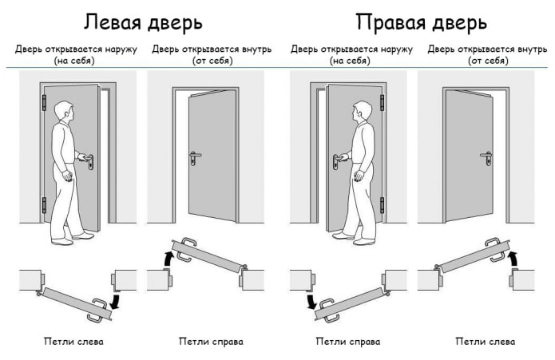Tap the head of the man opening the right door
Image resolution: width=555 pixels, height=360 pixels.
coord(362,113)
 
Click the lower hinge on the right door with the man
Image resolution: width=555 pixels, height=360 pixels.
coord(383,204)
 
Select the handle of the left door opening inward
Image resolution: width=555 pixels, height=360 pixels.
coord(194,156)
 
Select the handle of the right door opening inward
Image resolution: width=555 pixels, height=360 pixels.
coord(486,156)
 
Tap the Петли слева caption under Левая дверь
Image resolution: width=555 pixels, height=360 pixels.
coord(73,342)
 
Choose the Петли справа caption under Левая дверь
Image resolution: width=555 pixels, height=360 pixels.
coord(210,342)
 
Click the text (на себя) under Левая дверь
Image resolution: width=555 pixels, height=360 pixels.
coord(73,60)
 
